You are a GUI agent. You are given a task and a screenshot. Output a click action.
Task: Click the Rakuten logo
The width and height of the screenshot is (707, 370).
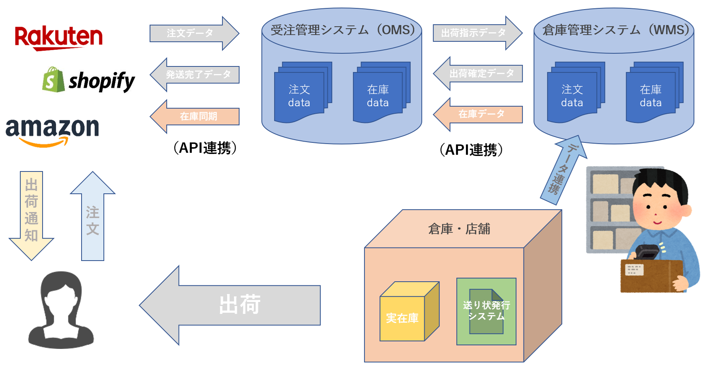58,37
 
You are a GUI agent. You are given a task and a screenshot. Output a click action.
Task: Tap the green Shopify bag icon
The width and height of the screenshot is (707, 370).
53,80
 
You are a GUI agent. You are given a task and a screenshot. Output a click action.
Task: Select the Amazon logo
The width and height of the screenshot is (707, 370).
52,131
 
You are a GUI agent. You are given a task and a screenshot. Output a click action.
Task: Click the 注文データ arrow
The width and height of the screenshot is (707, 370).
193,33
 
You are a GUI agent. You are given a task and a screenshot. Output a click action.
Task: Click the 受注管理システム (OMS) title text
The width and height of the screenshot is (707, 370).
343,30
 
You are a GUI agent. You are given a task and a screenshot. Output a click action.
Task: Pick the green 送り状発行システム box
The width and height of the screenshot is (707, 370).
486,311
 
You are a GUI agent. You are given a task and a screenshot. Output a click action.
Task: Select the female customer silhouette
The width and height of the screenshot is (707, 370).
61,310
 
